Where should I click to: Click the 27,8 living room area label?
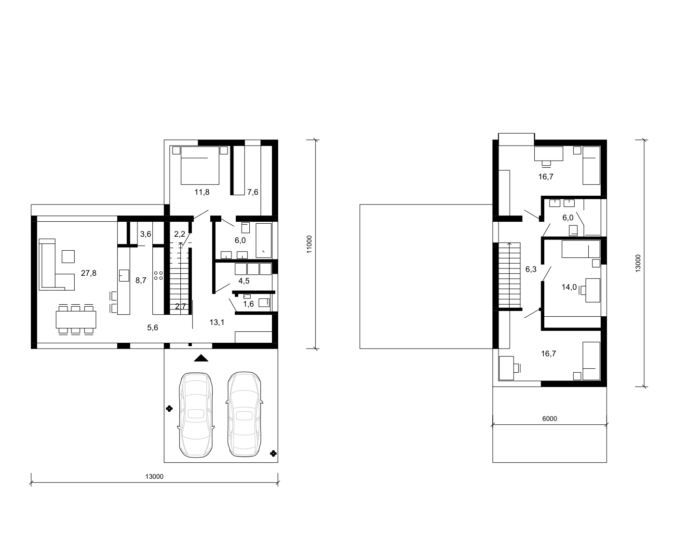(x=89, y=273)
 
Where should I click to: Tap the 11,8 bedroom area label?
(x=202, y=192)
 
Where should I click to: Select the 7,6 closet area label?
(x=253, y=192)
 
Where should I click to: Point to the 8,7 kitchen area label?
(x=141, y=281)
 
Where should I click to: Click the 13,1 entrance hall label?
(x=217, y=322)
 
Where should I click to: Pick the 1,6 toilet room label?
(x=248, y=304)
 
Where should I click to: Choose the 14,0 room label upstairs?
(x=569, y=287)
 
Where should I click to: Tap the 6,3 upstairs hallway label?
(x=531, y=269)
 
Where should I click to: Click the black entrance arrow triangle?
(x=201, y=358)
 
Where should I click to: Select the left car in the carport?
(x=196, y=415)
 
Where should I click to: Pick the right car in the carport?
(x=244, y=414)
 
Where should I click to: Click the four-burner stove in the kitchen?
(x=159, y=275)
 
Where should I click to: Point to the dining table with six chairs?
(x=76, y=319)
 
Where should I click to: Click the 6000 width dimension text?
(x=550, y=418)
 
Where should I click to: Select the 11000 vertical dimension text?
(x=309, y=244)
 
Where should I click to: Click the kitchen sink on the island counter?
(x=124, y=275)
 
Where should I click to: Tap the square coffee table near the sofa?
(x=68, y=256)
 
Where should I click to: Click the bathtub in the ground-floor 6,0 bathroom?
(x=263, y=241)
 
